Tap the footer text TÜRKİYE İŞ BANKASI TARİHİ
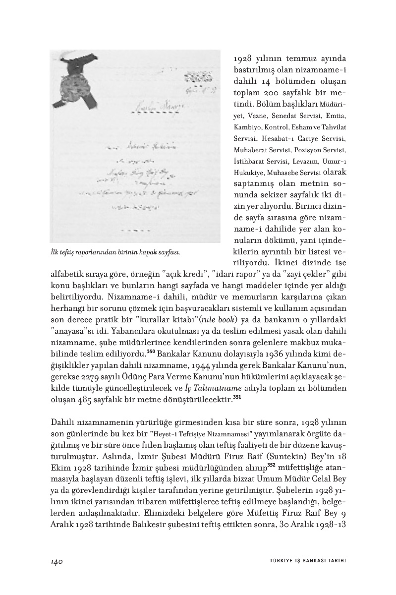(x=304, y=561)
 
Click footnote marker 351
(x=237, y=396)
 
